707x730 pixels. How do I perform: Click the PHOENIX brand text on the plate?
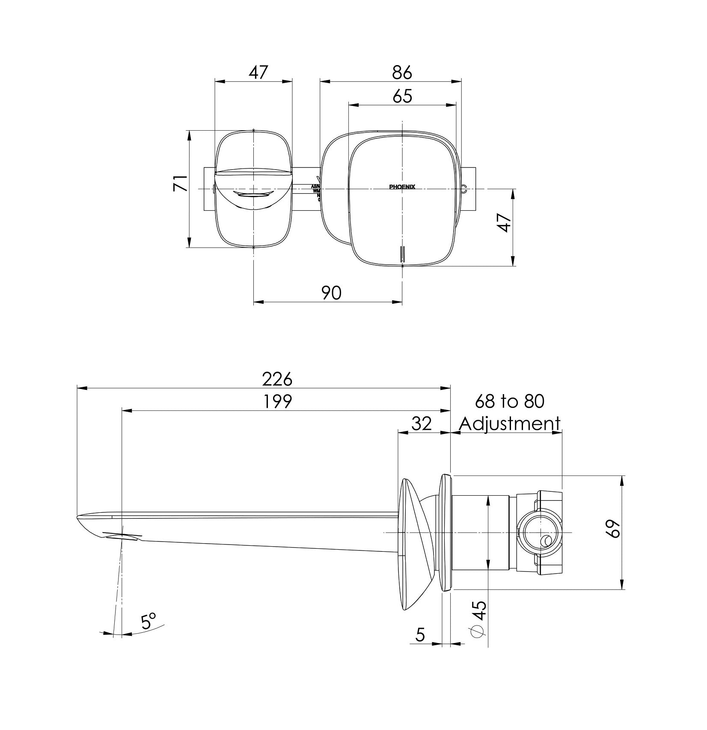(x=402, y=187)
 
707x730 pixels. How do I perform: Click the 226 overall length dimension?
(x=277, y=379)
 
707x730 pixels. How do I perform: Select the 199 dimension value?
(x=277, y=401)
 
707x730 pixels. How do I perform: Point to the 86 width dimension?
(x=402, y=72)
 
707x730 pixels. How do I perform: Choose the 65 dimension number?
(x=402, y=96)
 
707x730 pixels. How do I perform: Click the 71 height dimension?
(x=180, y=183)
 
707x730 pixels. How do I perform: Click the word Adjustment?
(x=510, y=424)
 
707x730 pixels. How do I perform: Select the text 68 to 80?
(x=510, y=401)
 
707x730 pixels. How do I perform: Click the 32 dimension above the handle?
(x=422, y=424)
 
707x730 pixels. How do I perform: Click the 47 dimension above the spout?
(x=258, y=72)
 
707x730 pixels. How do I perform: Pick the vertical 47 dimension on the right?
(x=505, y=223)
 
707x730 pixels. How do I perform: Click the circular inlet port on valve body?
(x=540, y=533)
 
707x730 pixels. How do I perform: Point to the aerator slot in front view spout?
(x=254, y=195)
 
